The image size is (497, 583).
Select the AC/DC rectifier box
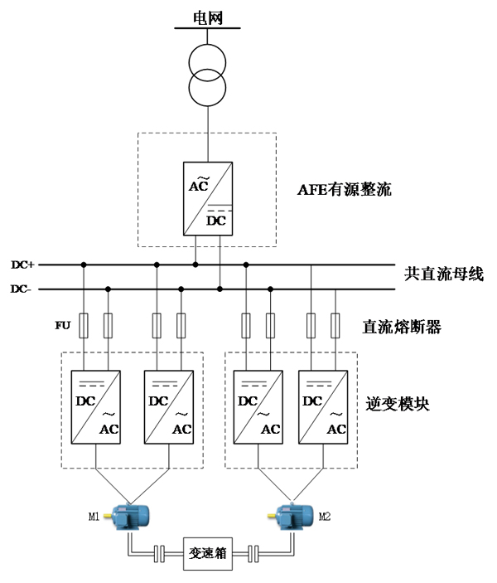(x=207, y=199)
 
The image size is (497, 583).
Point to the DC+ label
(x=22, y=265)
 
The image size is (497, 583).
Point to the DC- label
(x=22, y=289)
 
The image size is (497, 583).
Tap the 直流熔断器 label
(x=403, y=327)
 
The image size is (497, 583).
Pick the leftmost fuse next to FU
(x=84, y=325)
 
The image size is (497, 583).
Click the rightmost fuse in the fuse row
(x=335, y=325)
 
